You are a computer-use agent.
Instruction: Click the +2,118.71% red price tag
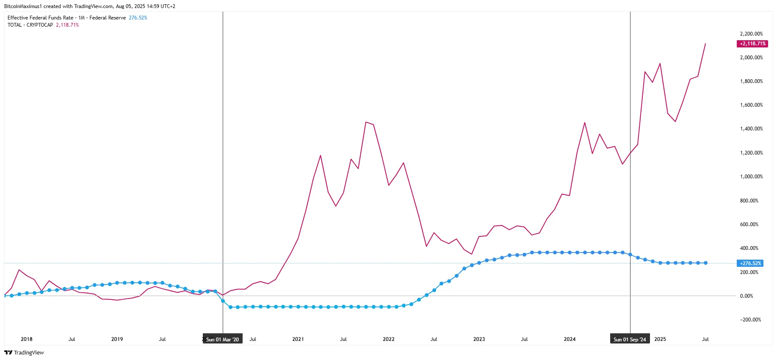pyautogui.click(x=752, y=44)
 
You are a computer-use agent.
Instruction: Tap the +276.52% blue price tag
pyautogui.click(x=750, y=263)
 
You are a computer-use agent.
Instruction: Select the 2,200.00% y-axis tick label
pyautogui.click(x=751, y=34)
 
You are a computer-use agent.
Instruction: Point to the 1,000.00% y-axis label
pyautogui.click(x=751, y=177)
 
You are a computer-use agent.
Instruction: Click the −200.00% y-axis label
pyautogui.click(x=750, y=320)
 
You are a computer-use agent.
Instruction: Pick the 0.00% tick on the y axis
pyautogui.click(x=746, y=296)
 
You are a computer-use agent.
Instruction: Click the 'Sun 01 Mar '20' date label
pyautogui.click(x=222, y=339)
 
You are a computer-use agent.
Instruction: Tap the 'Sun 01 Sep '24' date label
pyautogui.click(x=630, y=339)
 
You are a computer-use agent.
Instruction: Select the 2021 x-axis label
pyautogui.click(x=298, y=339)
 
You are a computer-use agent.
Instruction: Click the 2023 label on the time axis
pyautogui.click(x=479, y=339)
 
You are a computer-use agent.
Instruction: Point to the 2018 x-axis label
pyautogui.click(x=27, y=339)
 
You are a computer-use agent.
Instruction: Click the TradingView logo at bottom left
pyautogui.click(x=24, y=352)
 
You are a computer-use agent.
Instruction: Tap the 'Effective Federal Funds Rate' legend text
pyautogui.click(x=40, y=18)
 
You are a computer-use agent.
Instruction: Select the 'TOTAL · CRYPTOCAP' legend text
pyautogui.click(x=30, y=25)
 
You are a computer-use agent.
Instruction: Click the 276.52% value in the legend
pyautogui.click(x=138, y=18)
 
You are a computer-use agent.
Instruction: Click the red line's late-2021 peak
pyautogui.click(x=365, y=122)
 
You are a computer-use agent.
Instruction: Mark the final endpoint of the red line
pyautogui.click(x=705, y=44)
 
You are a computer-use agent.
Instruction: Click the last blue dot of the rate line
pyautogui.click(x=705, y=263)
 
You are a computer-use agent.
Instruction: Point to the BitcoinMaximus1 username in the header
pyautogui.click(x=23, y=6)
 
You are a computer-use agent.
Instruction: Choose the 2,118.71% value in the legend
pyautogui.click(x=67, y=25)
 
